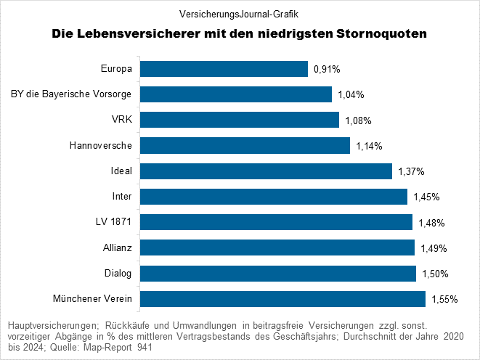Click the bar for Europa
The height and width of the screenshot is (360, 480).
point(224,69)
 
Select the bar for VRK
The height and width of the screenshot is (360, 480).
point(239,120)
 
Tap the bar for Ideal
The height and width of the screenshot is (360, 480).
point(266,171)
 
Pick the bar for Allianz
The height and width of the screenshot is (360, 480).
point(277,248)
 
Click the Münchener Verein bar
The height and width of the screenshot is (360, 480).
point(282,299)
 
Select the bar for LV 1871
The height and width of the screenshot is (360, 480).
point(276,222)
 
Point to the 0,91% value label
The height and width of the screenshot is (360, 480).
point(328,70)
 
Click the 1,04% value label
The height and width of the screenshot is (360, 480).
point(351,95)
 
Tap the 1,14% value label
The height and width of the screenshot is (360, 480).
point(369,146)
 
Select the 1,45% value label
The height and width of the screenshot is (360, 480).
point(426,197)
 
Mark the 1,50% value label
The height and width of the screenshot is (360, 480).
point(435,274)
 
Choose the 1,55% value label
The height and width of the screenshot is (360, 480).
point(444,299)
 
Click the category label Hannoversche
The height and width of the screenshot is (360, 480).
point(101,146)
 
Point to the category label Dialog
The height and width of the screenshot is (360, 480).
point(118,274)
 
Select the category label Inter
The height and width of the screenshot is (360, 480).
point(121,197)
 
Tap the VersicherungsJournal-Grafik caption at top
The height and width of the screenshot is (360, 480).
point(239,14)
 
